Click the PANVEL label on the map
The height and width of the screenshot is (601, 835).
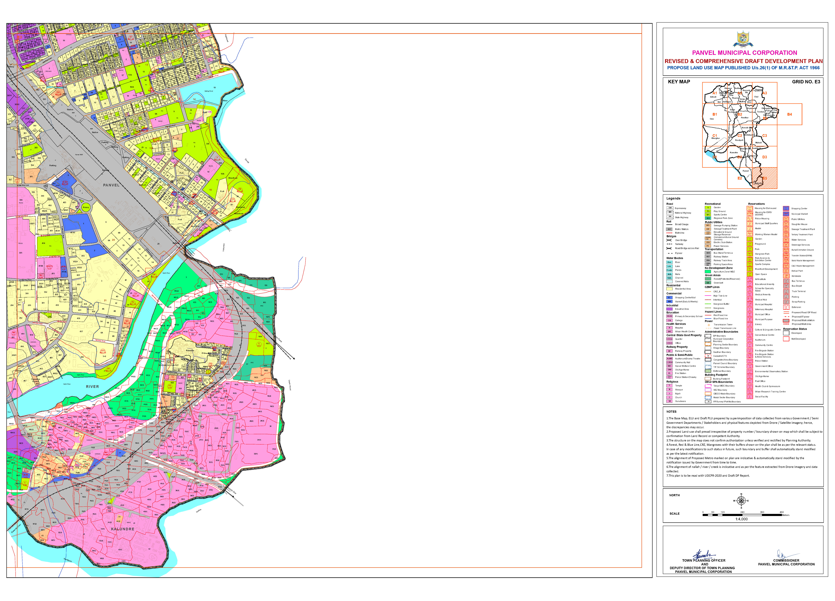coord(111,185)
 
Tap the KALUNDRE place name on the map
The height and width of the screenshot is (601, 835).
coord(123,529)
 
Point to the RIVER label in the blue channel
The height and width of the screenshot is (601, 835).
coord(92,386)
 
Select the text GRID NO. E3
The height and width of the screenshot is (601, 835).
coord(806,82)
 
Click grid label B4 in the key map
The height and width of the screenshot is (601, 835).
coord(789,114)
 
